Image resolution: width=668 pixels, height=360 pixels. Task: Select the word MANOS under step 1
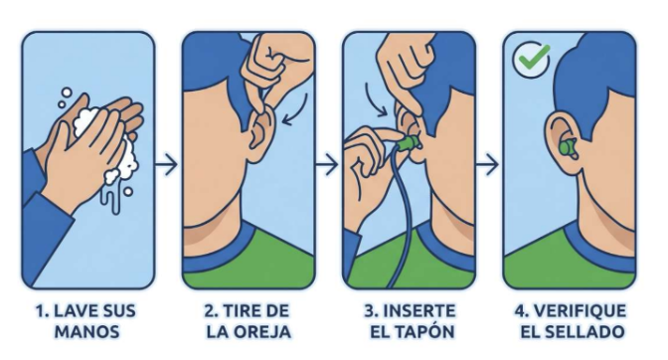pos(86,331)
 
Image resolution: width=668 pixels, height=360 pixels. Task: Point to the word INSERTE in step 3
pos(418,311)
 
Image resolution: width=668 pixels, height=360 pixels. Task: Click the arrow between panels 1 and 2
pos(166,164)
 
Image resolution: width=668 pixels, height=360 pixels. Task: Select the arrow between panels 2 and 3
pos(326,164)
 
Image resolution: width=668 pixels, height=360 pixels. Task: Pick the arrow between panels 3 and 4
pos(486,164)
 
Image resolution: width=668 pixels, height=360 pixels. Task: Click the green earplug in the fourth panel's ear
pos(568,148)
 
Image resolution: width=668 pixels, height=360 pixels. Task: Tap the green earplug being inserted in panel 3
pos(410,142)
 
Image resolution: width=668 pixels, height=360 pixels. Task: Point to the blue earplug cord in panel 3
pos(400,213)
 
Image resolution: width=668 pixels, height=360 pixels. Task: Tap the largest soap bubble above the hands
pos(67,92)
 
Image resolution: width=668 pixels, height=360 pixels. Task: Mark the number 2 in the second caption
pos(210,311)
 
